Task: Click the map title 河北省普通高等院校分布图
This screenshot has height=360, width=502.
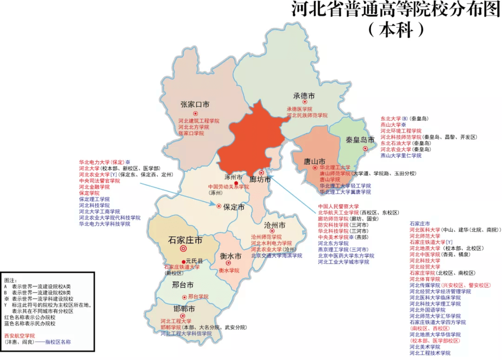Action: click(x=396, y=10)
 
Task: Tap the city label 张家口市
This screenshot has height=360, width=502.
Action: click(x=195, y=105)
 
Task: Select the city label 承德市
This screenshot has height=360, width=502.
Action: click(x=304, y=96)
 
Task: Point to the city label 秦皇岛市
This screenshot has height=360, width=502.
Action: click(x=360, y=140)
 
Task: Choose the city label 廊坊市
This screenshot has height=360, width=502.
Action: click(x=260, y=179)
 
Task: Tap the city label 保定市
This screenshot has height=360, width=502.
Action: click(x=234, y=208)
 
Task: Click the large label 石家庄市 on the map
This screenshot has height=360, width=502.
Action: click(x=185, y=240)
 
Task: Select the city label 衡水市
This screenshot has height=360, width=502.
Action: click(x=231, y=257)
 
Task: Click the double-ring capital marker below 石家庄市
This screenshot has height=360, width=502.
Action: click(x=184, y=249)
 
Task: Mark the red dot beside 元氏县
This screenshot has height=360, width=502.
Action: click(x=183, y=261)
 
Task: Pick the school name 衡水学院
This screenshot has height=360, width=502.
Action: click(x=229, y=270)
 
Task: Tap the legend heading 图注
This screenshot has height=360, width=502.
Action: click(x=11, y=281)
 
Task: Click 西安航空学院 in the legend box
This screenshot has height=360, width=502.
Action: click(x=20, y=335)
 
